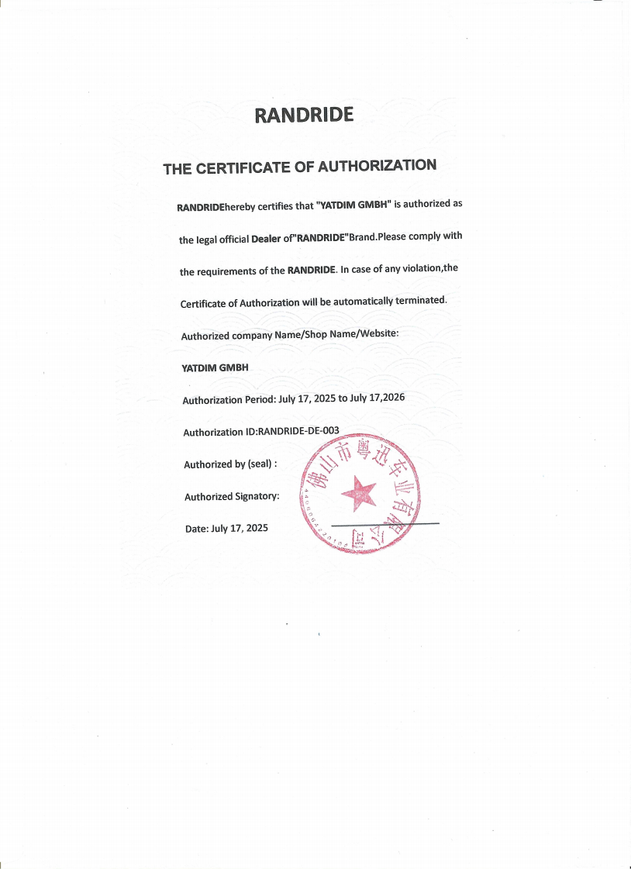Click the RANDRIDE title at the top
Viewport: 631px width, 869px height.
(x=304, y=116)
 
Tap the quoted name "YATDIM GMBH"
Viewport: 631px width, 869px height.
(x=353, y=205)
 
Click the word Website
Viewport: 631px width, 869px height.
(x=374, y=333)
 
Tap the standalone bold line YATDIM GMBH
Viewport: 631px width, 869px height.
(x=215, y=367)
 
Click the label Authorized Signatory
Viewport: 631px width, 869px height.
(x=232, y=496)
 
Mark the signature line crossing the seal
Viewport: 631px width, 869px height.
(x=385, y=526)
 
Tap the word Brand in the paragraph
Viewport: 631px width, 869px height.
(x=362, y=237)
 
